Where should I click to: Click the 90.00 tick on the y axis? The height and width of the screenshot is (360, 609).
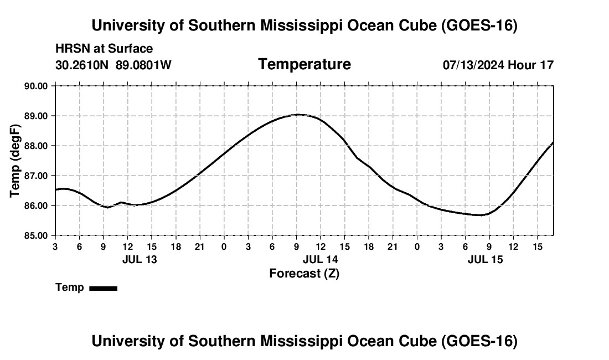coord(36,86)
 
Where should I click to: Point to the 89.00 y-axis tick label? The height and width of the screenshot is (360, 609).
coord(36,116)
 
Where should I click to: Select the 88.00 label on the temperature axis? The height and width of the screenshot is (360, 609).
coord(36,146)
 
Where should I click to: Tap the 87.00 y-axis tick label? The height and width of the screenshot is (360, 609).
coord(36,176)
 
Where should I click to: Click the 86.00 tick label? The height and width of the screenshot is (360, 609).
coord(36,206)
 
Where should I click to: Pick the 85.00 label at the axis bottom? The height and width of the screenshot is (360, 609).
coord(36,236)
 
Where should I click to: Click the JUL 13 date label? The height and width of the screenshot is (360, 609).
coord(140,260)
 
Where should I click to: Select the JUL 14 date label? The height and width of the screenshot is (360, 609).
coord(321,260)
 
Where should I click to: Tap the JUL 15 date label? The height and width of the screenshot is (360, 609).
coord(485,260)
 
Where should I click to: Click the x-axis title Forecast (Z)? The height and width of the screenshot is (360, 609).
coord(304,274)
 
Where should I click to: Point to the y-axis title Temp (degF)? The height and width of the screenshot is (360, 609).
coord(15,161)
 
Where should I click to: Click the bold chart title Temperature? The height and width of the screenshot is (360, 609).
coord(304,64)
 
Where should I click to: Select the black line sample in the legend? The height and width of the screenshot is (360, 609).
coord(104,288)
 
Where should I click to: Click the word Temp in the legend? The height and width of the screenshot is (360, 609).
coord(70,287)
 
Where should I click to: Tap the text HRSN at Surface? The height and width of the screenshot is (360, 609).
coord(104,49)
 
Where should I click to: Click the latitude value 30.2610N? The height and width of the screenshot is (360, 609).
coord(82,65)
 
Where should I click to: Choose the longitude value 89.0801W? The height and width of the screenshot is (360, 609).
coord(143,65)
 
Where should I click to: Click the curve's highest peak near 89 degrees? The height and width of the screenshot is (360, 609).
coord(298,115)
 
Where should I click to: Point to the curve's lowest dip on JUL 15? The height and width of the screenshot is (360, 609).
coord(481,215)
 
